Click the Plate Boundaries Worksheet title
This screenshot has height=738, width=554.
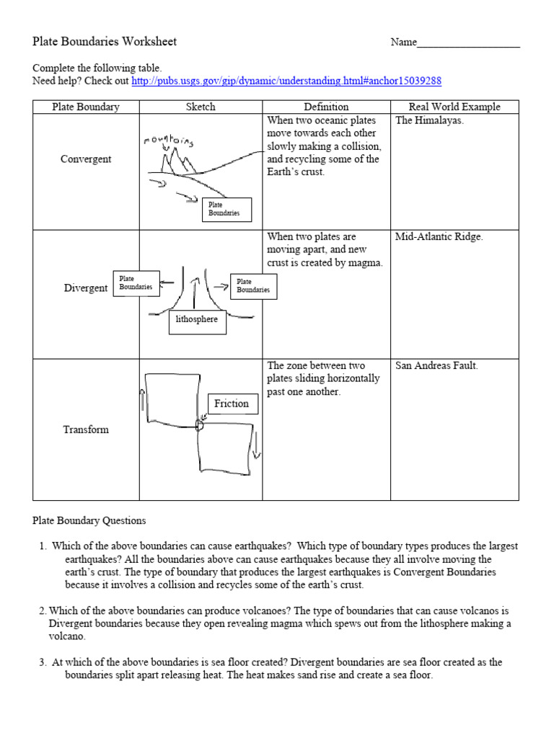(105, 42)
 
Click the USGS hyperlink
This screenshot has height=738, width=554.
(286, 81)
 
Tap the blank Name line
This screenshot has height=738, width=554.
(468, 43)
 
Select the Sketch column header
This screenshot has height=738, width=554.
(201, 107)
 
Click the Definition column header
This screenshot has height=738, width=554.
(326, 107)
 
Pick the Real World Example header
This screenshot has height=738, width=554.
(454, 107)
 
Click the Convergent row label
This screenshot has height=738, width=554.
(86, 159)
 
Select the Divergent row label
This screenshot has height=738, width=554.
(86, 288)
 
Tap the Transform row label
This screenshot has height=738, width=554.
(86, 430)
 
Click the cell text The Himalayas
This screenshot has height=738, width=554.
(430, 121)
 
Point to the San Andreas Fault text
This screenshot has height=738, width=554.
(436, 365)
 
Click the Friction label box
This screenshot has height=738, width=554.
(232, 404)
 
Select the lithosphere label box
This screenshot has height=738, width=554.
(198, 319)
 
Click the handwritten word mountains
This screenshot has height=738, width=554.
(169, 138)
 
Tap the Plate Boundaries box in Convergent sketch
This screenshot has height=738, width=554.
(227, 209)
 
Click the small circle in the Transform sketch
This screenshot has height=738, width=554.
(200, 425)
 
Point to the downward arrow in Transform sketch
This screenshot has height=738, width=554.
(256, 450)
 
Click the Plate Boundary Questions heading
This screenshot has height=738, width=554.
(89, 520)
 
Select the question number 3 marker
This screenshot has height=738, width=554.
(43, 662)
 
